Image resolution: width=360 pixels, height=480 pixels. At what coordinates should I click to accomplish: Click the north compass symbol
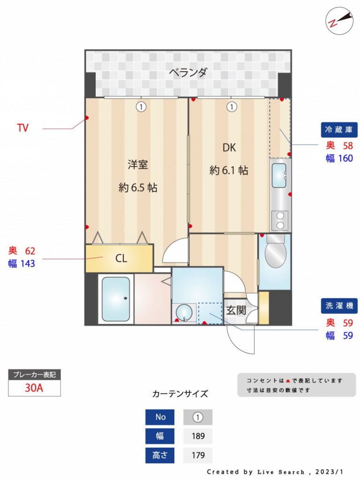coord(339,21)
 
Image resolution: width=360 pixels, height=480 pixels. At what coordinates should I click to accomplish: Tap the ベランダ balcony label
coord(188,73)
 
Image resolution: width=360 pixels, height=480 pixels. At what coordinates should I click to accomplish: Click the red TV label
coord(23,127)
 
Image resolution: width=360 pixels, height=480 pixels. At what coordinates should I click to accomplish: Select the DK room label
coord(229,148)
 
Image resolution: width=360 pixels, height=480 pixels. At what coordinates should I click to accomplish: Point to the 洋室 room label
coord(138,165)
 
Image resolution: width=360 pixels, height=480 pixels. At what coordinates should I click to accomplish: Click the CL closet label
coord(121,258)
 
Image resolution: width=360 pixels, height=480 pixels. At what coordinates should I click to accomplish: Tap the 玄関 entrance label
coord(236,310)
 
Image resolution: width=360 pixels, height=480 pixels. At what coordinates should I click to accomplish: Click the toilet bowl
coord(275,252)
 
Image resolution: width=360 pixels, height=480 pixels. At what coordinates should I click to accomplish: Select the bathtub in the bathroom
coord(116,299)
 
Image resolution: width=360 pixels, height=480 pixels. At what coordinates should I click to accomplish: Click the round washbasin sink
coord(184,313)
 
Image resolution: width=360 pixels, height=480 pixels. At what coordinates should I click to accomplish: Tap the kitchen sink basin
coord(279,175)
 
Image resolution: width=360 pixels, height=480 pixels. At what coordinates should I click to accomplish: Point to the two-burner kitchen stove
coord(280,221)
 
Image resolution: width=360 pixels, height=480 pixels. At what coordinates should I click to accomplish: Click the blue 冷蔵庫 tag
coord(339,130)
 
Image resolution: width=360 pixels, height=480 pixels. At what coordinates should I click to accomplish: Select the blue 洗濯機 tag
coord(339,306)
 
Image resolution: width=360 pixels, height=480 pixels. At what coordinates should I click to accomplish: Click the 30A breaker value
coord(34,388)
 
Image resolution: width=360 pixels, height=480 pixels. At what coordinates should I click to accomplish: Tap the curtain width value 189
coord(198,436)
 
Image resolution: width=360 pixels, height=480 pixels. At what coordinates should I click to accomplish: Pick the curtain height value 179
coord(198,455)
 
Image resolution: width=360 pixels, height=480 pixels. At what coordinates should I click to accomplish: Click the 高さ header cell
coord(160,455)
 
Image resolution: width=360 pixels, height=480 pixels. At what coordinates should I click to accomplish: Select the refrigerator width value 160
coord(345,158)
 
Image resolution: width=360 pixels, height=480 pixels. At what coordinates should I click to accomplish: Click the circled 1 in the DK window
coord(232,107)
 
